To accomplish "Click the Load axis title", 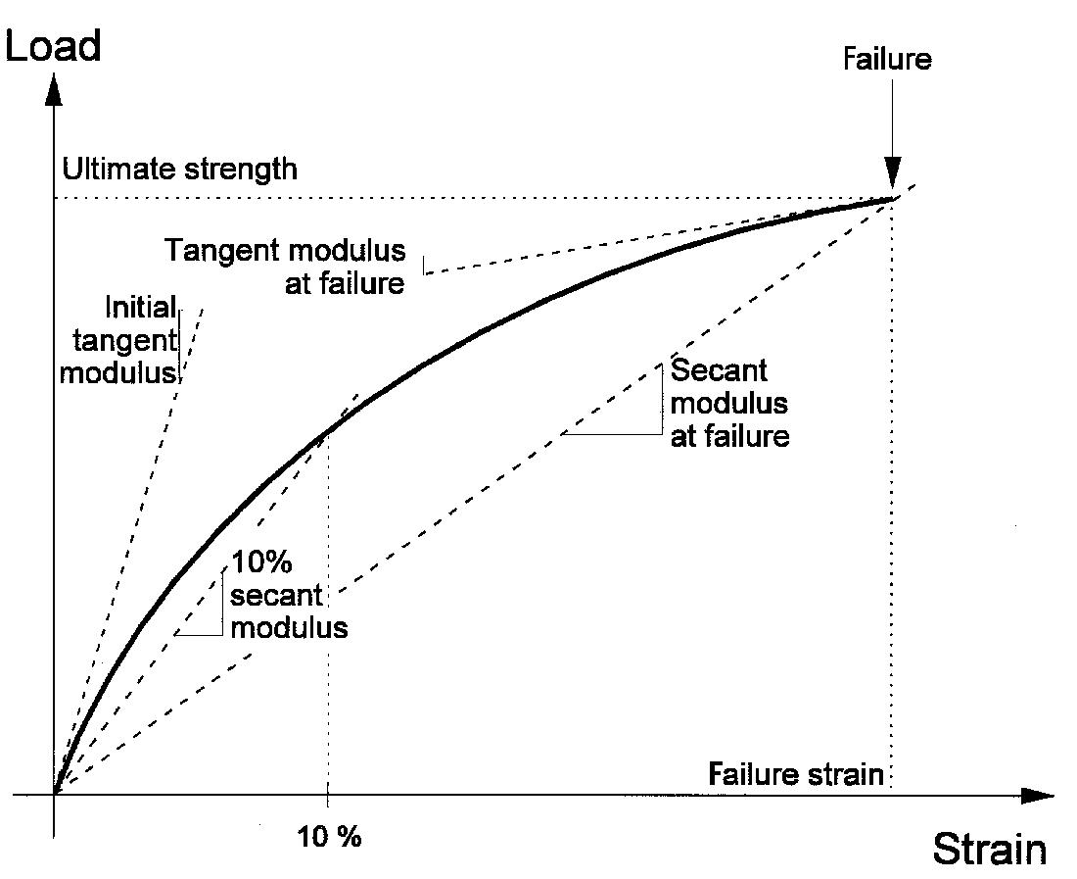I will click(x=53, y=45).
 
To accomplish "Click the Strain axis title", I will click(x=988, y=848).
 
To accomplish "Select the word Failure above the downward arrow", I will click(x=887, y=59).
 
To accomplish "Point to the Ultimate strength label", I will click(x=179, y=169).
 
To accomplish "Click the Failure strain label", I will click(x=796, y=774).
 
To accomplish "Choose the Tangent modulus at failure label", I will click(x=285, y=267).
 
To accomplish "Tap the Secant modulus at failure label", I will click(x=729, y=403).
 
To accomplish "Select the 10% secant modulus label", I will click(x=288, y=596).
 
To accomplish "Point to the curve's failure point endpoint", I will click(x=893, y=199).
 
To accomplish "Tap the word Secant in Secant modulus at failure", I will click(x=719, y=371).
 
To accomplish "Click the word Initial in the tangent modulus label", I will click(x=141, y=309).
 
